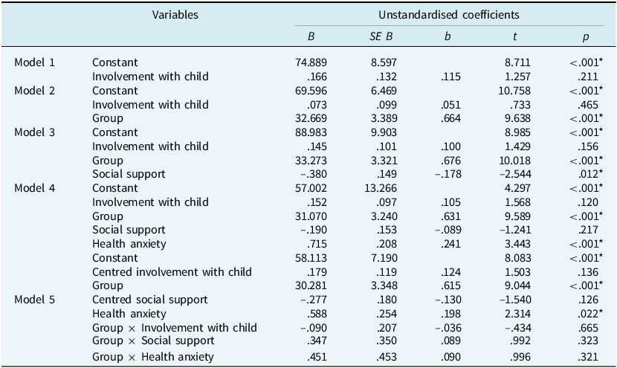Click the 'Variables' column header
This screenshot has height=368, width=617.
coord(175,14)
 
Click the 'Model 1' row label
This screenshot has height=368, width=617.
coord(35,62)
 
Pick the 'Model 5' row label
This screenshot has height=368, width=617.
coord(35,300)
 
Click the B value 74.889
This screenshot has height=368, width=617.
coord(311,62)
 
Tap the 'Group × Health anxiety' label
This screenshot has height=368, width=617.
coord(152,357)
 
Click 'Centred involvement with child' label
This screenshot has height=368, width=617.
coord(167,271)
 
